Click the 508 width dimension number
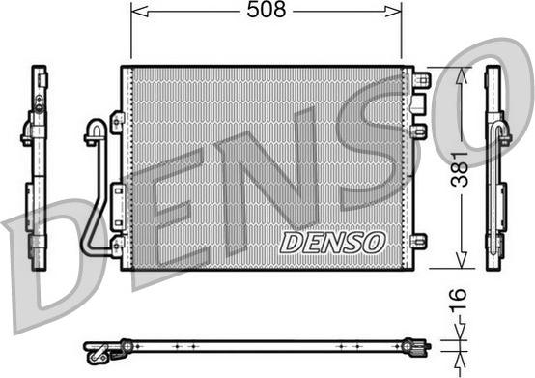click(x=266, y=12)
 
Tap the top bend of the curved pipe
click(x=95, y=126)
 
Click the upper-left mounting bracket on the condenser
click(x=117, y=122)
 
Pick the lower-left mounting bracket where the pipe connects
click(x=117, y=246)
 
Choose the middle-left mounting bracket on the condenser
click(x=117, y=190)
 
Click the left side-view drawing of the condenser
click(x=37, y=169)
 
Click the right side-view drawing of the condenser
click(x=495, y=169)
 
